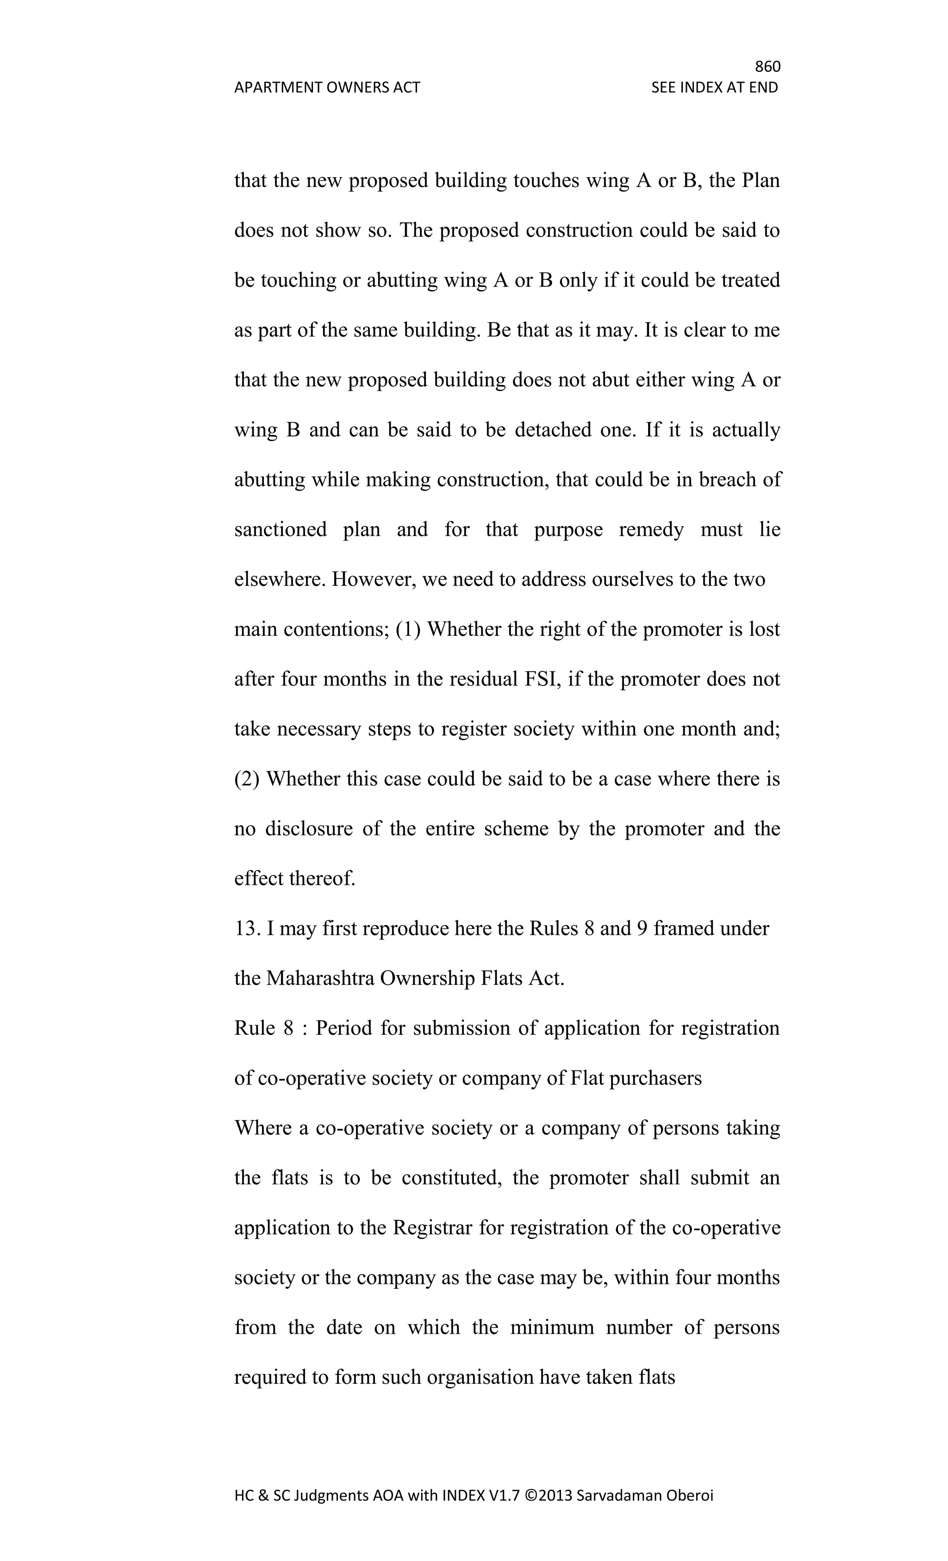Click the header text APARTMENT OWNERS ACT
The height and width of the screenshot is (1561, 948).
(327, 87)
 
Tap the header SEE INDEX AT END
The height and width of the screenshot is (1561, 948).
(714, 87)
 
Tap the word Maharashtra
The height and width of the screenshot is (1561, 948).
(320, 978)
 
